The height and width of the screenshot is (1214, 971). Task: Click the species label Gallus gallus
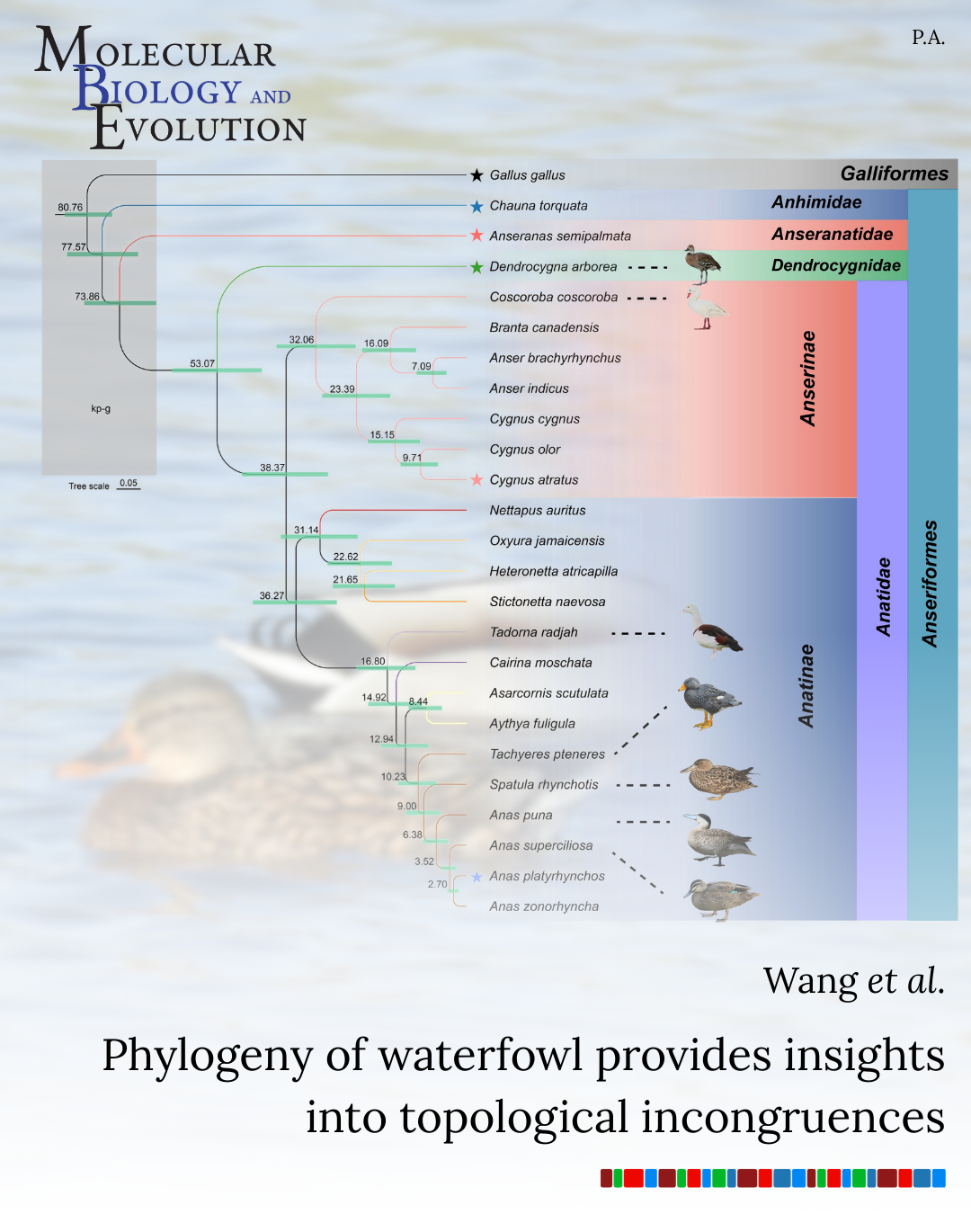point(527,175)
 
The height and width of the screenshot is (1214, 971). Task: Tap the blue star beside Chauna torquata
point(477,206)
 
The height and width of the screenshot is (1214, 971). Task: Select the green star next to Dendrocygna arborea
point(477,267)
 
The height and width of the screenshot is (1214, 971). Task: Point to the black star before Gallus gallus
point(477,175)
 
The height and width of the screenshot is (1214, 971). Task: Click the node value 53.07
point(202,364)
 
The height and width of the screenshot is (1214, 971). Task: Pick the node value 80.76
point(70,208)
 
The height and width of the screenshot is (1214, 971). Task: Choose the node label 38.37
point(272,468)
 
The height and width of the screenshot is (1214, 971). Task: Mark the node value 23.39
point(342,389)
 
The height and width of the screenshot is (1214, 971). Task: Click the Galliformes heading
point(894,174)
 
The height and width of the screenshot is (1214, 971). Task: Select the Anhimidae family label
point(816,202)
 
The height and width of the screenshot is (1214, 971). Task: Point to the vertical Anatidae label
point(884,597)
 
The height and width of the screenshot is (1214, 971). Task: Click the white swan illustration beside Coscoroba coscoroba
point(706,308)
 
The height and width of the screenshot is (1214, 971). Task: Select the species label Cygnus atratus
point(534,480)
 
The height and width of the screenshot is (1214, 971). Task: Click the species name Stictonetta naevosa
point(548,602)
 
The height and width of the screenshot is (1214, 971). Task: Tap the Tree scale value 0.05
point(129,483)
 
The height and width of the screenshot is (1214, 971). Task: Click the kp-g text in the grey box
point(101,408)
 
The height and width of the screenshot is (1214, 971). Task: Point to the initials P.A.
point(928,38)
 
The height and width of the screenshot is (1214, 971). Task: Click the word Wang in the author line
point(810,980)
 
